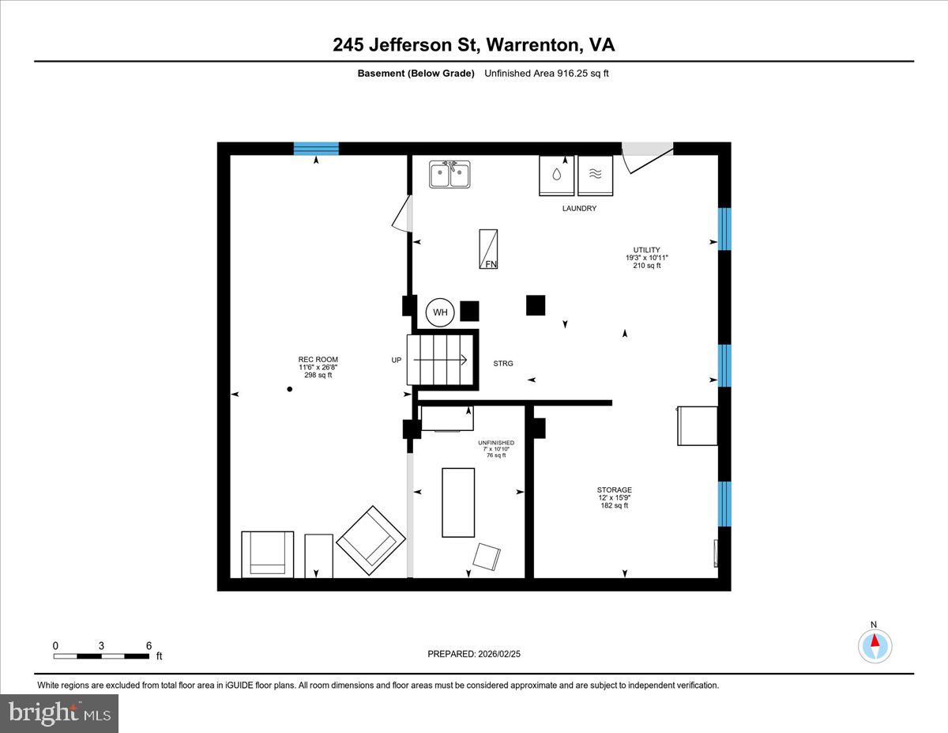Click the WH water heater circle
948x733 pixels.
click(x=440, y=312)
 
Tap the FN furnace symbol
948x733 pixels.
click(x=489, y=249)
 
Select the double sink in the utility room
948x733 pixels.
click(x=450, y=174)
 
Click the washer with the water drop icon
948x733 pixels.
click(x=557, y=175)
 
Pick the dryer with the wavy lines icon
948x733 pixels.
click(x=595, y=175)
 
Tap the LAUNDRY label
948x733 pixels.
click(x=579, y=209)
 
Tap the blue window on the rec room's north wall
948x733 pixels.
click(x=316, y=149)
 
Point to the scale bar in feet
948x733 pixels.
click(x=101, y=656)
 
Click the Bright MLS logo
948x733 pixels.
click(x=59, y=713)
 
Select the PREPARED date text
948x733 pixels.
click(x=474, y=654)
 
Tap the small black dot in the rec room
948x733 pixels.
click(x=289, y=389)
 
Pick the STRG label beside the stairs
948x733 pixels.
click(x=502, y=364)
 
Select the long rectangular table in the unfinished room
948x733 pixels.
click(x=458, y=502)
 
